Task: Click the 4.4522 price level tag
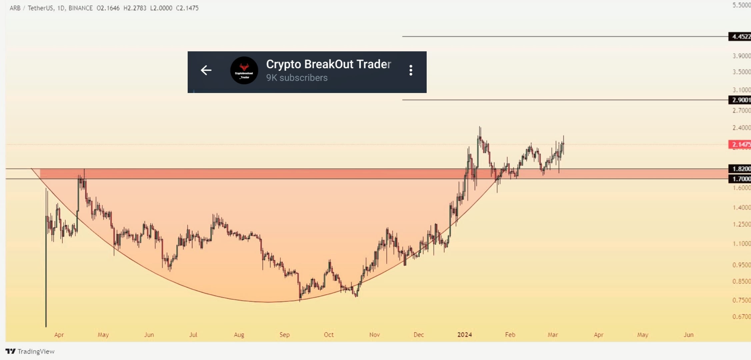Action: (740, 37)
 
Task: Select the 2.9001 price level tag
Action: (740, 100)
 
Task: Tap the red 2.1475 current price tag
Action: (740, 144)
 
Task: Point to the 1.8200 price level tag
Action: (740, 169)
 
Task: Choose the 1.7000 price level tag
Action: (740, 179)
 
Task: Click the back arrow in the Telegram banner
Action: (206, 70)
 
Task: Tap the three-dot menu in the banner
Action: (411, 70)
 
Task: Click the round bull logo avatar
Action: (244, 70)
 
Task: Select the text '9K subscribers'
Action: (297, 78)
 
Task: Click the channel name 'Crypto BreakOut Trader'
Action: (328, 64)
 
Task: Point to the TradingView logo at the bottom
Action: (30, 351)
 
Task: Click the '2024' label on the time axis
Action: (464, 335)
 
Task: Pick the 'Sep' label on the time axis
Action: (284, 335)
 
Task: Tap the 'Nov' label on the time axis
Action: (374, 335)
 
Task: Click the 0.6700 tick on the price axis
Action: (741, 317)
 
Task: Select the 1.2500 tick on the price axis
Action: (741, 224)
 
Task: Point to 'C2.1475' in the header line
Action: (187, 8)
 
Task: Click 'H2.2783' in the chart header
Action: (135, 8)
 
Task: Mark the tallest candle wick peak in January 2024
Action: (480, 127)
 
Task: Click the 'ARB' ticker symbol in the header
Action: (15, 8)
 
